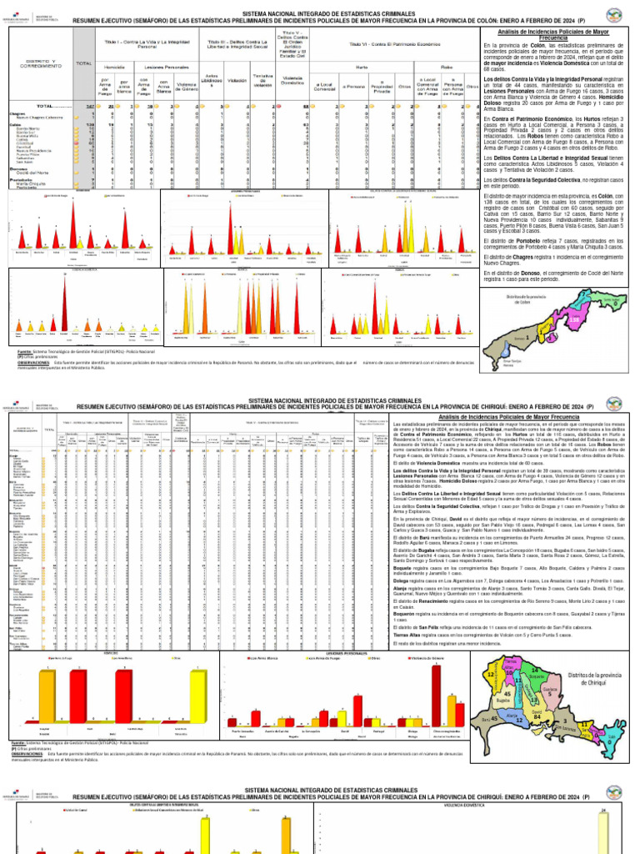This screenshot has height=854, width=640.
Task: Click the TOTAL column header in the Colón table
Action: pos(83,63)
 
